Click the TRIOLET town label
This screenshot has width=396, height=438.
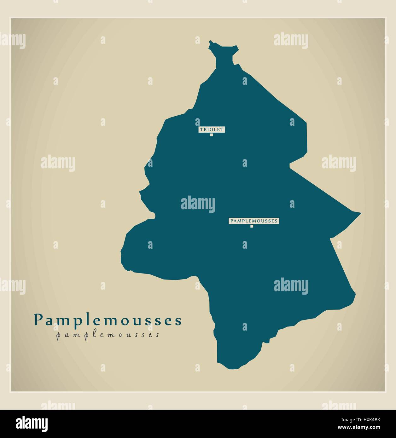tap(212, 129)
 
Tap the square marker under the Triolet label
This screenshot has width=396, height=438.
tap(212, 135)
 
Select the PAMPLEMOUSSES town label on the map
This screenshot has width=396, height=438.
tap(253, 221)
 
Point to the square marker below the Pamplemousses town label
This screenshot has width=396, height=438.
tap(252, 226)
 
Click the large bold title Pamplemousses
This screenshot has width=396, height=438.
tap(108, 320)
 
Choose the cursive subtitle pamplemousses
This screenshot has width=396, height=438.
tap(108, 335)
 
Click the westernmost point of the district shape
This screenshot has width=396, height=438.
tap(121, 252)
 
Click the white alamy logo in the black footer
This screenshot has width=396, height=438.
tap(32, 423)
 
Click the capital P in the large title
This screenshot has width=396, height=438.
tap(38, 320)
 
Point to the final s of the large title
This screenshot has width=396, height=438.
tap(178, 321)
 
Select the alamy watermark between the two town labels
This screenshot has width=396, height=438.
tap(198, 204)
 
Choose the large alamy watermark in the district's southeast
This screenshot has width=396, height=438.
tap(291, 286)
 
